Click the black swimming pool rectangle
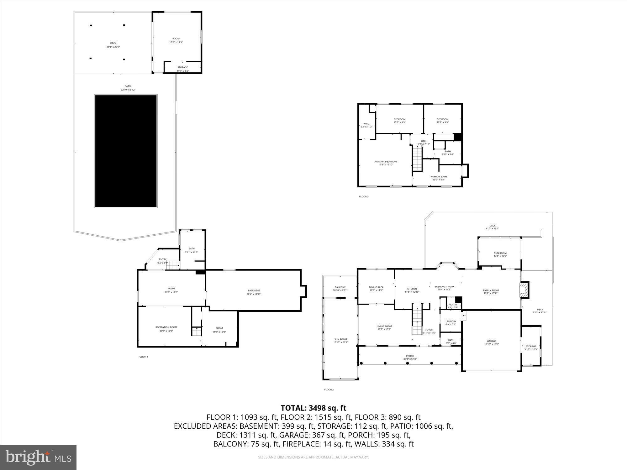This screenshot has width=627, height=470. [126, 151]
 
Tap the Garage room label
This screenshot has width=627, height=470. [491, 341]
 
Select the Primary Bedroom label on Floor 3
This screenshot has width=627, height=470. [386, 162]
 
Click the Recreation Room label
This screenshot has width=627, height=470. [166, 327]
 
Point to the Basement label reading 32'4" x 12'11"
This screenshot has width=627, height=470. [254, 290]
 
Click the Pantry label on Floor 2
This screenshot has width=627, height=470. [453, 305]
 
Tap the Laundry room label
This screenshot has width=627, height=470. [450, 321]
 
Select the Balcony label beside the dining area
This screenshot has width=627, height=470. [340, 287]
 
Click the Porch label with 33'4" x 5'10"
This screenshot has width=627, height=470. [410, 356]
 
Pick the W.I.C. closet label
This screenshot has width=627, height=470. [366, 124]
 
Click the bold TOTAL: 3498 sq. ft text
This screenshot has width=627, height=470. [313, 408]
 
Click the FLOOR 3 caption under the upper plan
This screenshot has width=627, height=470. [364, 196]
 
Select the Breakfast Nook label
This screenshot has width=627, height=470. [444, 286]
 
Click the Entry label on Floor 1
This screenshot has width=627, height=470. [162, 259]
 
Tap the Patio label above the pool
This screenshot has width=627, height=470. [128, 86]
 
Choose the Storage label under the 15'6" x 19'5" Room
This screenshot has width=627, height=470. [182, 67]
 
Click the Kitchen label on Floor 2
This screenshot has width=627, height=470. [412, 289]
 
